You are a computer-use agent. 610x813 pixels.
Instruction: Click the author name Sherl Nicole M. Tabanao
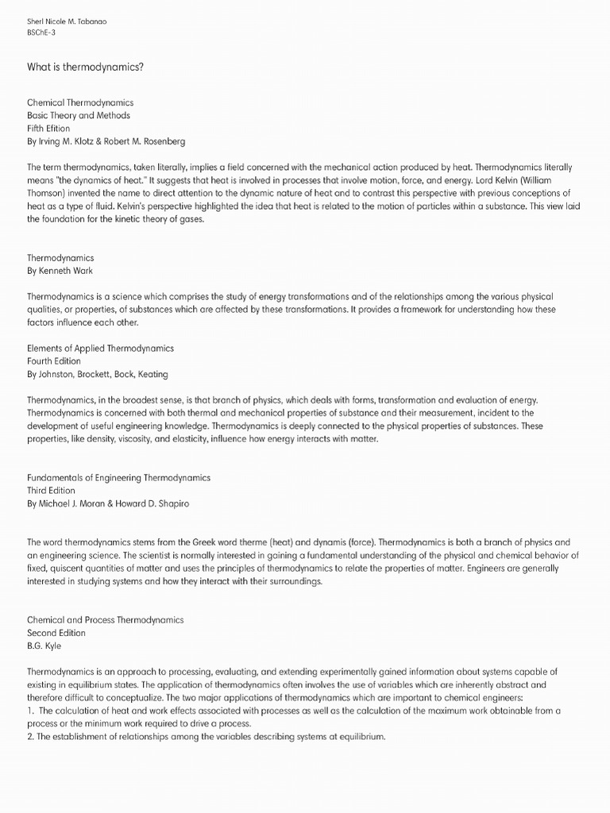pyautogui.click(x=67, y=21)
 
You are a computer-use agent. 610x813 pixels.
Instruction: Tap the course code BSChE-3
pyautogui.click(x=41, y=33)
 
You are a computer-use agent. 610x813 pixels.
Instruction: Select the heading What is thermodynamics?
pyautogui.click(x=86, y=67)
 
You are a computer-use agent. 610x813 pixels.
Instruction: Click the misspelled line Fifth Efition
pyautogui.click(x=48, y=128)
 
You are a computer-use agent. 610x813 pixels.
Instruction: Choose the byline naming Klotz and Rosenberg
pyautogui.click(x=106, y=141)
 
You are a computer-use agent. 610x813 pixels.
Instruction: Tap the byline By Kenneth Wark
pyautogui.click(x=60, y=271)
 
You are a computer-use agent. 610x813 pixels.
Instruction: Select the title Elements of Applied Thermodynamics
pyautogui.click(x=100, y=348)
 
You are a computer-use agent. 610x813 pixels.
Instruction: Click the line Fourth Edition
pyautogui.click(x=54, y=361)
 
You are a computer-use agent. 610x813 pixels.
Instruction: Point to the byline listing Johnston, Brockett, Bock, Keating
pyautogui.click(x=98, y=374)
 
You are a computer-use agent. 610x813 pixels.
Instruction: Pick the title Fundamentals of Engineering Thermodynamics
pyautogui.click(x=118, y=478)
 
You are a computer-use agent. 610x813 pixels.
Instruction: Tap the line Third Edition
pyautogui.click(x=51, y=491)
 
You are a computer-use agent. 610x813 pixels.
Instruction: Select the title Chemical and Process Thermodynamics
pyautogui.click(x=105, y=619)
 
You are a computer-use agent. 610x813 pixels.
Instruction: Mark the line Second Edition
pyautogui.click(x=56, y=633)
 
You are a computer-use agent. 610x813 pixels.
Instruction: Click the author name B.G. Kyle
pyautogui.click(x=44, y=645)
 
